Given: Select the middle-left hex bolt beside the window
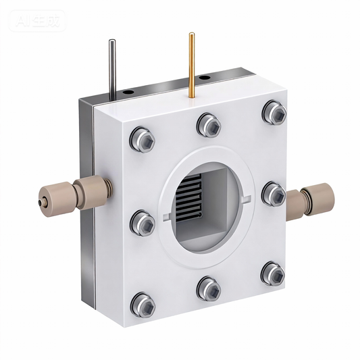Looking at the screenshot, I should [x=143, y=222].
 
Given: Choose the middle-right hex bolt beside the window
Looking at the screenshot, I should [x=274, y=194].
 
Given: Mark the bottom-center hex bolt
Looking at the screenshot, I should [x=208, y=290].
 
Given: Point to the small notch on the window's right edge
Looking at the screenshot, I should [x=251, y=198].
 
